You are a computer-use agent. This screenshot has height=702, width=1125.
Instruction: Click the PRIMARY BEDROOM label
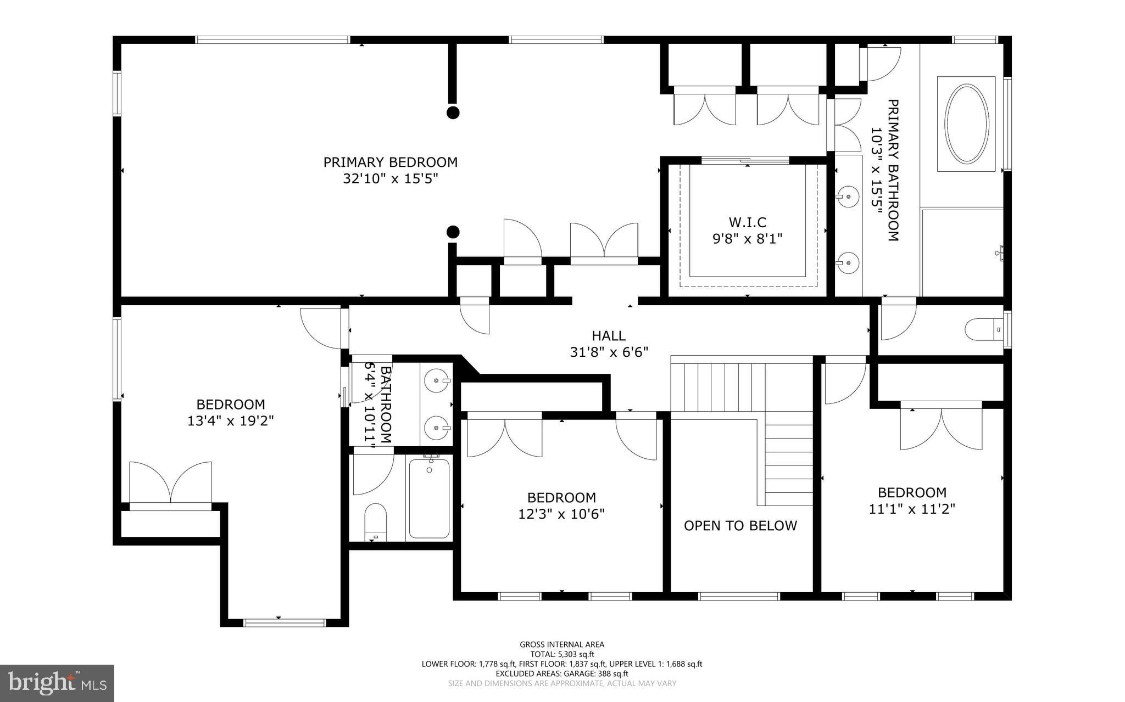390,162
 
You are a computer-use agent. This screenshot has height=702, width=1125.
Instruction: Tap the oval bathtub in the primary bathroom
966,123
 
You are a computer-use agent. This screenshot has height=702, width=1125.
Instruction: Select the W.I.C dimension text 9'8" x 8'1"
747,239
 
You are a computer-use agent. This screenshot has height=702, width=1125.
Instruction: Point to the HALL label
608,335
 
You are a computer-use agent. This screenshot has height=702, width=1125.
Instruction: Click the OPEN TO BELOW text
740,526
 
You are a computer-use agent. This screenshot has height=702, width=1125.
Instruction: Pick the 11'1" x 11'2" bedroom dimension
912,509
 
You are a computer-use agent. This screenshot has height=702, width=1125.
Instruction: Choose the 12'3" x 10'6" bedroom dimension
561,514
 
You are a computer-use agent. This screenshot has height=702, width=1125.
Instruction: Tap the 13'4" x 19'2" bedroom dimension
230,421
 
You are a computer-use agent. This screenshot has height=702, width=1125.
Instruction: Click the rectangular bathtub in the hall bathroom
430,497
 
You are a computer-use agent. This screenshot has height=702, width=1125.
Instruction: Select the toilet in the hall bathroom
376,522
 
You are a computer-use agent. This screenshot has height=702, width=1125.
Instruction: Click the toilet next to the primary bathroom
984,329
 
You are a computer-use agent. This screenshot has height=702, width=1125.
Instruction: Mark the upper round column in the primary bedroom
453,113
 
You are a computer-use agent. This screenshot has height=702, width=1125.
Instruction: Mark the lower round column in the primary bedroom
453,232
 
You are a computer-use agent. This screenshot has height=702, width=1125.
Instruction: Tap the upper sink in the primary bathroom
849,195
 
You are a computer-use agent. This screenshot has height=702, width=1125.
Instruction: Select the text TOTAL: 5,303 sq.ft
562,654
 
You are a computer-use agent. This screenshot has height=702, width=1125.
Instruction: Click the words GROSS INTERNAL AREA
562,644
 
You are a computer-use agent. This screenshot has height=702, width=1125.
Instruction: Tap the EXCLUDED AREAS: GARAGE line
562,673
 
